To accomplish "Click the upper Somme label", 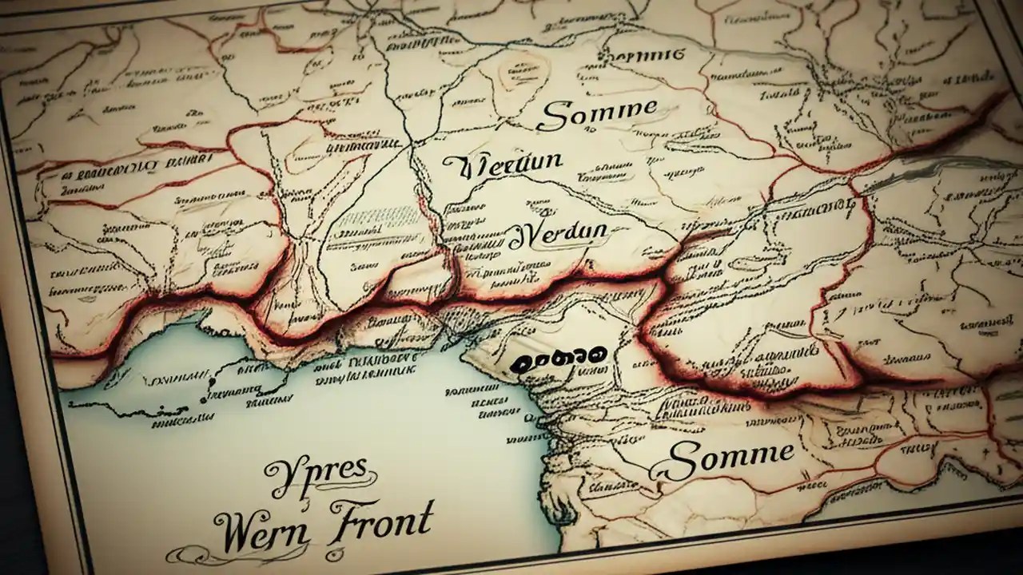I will coord(597,116).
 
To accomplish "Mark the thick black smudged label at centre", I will coord(558,359).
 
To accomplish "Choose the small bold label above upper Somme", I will coord(645,55).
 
